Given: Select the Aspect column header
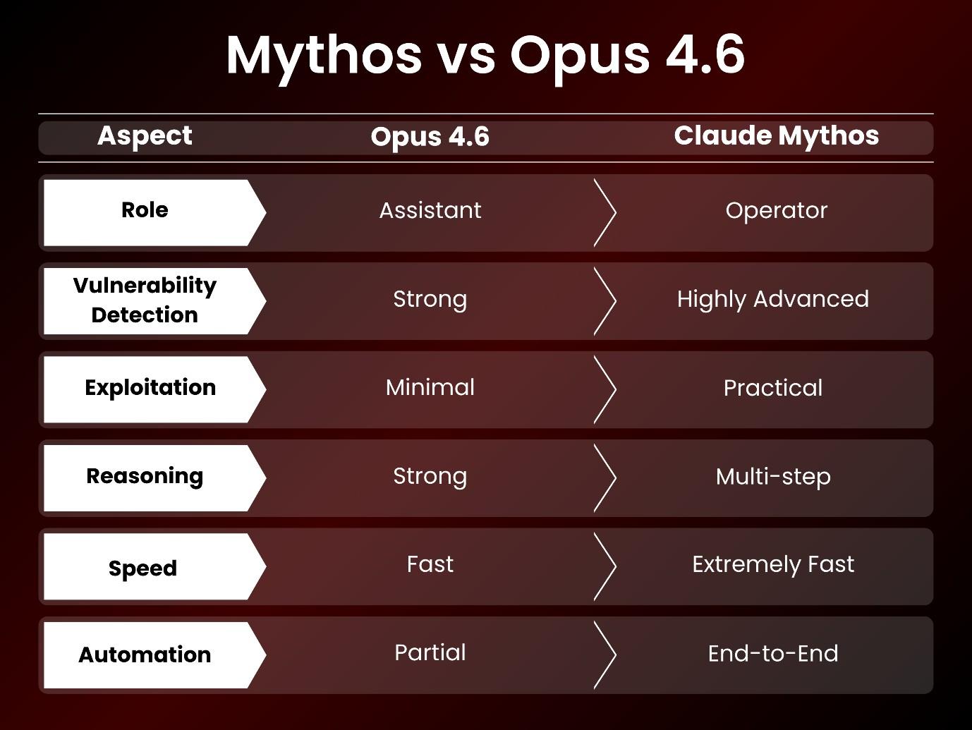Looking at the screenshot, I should coord(145,136).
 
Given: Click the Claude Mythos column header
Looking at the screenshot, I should coord(776,136).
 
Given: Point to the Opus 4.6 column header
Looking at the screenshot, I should coord(430,137).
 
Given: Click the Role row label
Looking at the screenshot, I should coord(145,210).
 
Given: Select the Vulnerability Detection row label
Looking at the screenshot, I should coord(145,300).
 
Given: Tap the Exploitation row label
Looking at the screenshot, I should coord(150,388).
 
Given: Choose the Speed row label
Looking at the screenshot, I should coord(142,568).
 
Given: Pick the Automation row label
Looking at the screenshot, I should coord(145,655).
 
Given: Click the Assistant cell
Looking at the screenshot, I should coord(430,210).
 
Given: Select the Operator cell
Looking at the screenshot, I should coord(776,210).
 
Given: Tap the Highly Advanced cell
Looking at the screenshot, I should coord(772,299).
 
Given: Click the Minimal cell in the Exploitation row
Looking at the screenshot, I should coord(430,387).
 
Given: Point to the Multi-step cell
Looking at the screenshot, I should coord(773,477).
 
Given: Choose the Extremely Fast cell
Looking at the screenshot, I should coord(773,564).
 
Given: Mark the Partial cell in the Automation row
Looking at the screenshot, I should coord(430,652).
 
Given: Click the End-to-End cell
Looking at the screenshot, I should coord(773,653).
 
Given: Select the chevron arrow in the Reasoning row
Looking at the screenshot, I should coord(605,477).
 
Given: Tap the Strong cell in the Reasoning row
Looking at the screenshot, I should coord(430,476).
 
